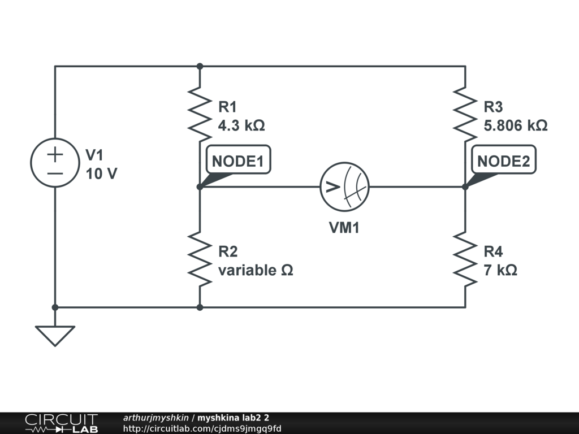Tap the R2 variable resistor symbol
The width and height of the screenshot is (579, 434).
[200, 259]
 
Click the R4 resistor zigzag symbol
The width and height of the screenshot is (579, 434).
[465, 259]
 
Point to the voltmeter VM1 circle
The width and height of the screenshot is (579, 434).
[344, 186]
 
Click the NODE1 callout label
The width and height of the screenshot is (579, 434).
[237, 161]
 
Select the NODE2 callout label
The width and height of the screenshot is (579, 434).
[503, 161]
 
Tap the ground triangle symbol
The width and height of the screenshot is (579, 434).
[55, 335]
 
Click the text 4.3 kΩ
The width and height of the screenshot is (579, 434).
[241, 125]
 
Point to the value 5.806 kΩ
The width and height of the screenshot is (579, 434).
[515, 125]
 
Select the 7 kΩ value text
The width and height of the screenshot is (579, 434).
[500, 270]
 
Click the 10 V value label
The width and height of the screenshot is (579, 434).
[101, 173]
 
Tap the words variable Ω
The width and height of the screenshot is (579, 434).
[256, 270]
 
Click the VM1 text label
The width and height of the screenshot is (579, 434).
[344, 228]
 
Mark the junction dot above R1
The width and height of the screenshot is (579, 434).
[200, 66]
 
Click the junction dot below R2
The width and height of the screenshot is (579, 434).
[200, 307]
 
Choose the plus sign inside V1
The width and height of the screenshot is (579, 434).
[55, 154]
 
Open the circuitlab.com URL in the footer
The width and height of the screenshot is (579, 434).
[202, 429]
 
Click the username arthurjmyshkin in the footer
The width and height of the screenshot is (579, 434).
[155, 418]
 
